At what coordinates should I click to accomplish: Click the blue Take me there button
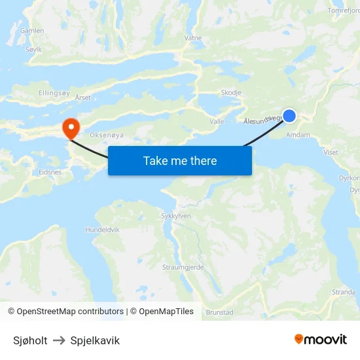(x=180, y=160)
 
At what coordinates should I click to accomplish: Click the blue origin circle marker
(x=289, y=116)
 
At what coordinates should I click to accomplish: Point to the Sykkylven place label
(x=176, y=215)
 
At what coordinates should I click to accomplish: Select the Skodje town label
(x=231, y=93)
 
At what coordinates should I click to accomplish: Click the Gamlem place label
(x=32, y=31)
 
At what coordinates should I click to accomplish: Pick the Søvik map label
(x=33, y=49)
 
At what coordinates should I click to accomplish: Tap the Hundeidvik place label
(x=103, y=230)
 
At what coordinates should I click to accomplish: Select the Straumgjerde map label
(x=183, y=267)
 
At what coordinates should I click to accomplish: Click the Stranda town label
(x=344, y=292)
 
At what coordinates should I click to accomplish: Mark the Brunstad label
(x=219, y=313)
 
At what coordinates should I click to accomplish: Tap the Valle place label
(x=217, y=122)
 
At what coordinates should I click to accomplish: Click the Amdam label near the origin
(x=298, y=135)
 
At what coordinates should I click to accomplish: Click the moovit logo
(x=321, y=339)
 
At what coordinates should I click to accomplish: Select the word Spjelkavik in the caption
(x=95, y=340)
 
